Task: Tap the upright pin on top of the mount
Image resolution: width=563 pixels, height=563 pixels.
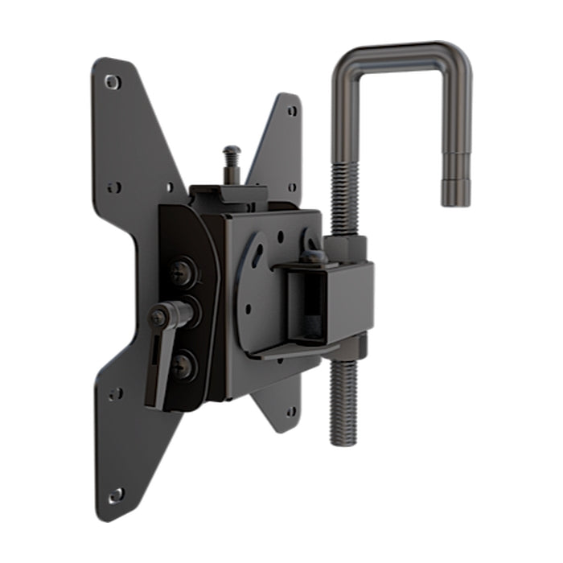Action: tap(232, 162)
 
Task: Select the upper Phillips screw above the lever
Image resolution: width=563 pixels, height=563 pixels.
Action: tap(183, 271)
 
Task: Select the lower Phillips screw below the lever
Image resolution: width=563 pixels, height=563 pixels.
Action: tap(183, 365)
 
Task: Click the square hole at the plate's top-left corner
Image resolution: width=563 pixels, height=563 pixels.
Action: tap(112, 81)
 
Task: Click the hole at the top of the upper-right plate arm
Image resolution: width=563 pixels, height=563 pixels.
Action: tap(291, 111)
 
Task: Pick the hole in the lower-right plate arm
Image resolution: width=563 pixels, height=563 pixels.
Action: tap(290, 411)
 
